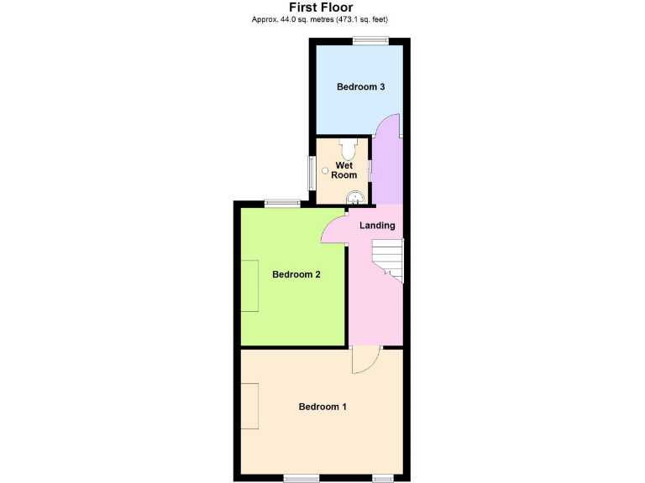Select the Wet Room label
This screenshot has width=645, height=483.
coord(344,170)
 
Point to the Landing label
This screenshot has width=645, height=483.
coord(377,226)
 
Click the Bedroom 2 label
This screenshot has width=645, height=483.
coord(296,274)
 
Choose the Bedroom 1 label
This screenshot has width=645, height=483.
coord(322,407)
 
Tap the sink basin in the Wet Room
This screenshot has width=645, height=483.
coord(356,198)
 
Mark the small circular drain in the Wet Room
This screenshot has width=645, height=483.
coord(323,167)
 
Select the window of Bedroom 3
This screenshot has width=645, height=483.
coord(370,41)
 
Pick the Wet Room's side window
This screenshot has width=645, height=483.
coord(310,174)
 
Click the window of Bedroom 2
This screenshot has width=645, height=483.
coord(282,202)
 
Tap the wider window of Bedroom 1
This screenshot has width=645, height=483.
coord(301,478)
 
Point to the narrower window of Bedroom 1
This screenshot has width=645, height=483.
coord(383,478)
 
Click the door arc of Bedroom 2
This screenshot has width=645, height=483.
coord(335,230)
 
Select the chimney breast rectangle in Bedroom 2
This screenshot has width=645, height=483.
coord(250,286)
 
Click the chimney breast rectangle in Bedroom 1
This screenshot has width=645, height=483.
coord(250,407)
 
